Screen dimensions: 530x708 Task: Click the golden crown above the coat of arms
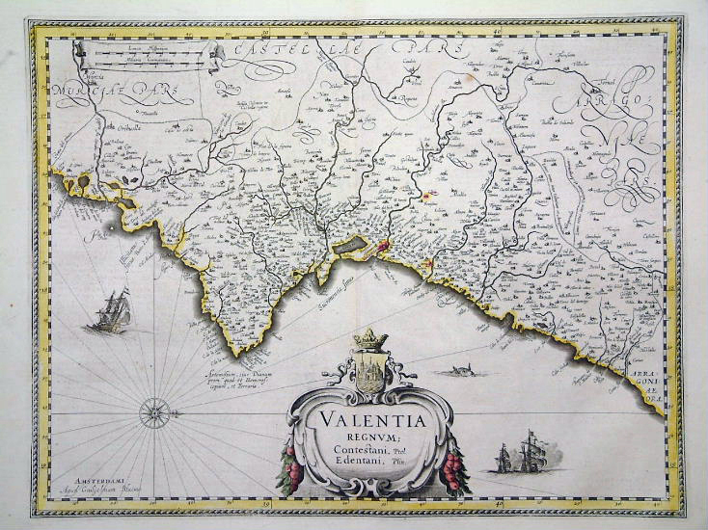coord(371,339)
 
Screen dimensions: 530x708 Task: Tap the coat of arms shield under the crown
coord(371,370)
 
